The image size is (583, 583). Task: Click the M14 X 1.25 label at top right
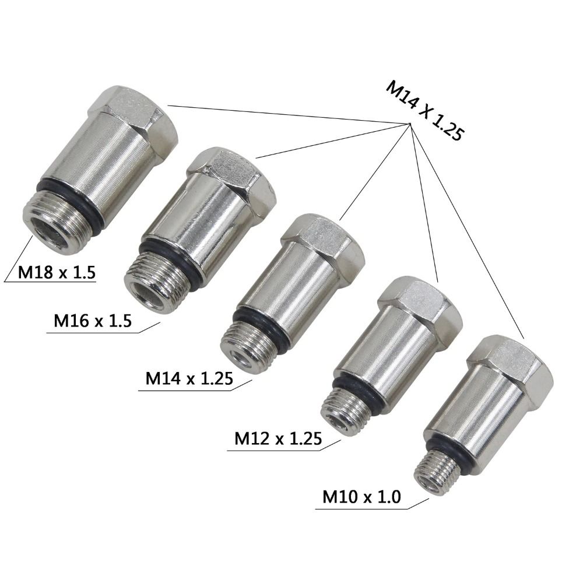[x=424, y=111]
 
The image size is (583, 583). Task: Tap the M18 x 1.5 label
[x=57, y=273]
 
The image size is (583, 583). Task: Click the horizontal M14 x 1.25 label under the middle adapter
[x=189, y=378]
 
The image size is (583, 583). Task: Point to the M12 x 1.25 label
[x=278, y=437]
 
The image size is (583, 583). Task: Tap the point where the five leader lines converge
[x=410, y=124]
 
